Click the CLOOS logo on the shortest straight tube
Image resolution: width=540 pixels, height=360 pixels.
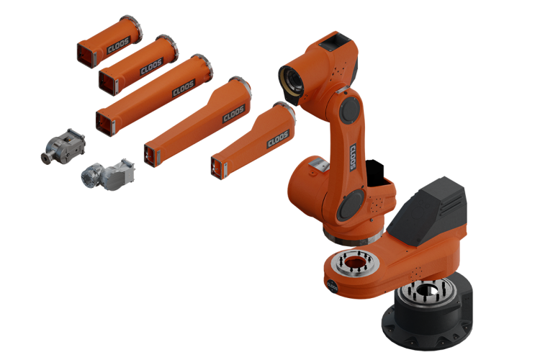pos(118,45)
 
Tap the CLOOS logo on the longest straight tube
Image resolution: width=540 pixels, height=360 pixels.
pos(184,88)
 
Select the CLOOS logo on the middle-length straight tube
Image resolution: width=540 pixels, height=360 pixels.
pos(151,66)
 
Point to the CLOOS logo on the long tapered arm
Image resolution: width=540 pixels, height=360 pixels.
pos(234,113)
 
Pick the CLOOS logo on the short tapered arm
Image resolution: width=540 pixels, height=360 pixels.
pos(278,138)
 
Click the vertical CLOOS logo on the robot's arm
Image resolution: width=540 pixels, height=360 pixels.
pos(353,157)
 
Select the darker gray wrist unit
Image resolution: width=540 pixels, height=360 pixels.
pos(63,146)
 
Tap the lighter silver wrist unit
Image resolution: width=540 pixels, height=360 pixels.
pos(108,174)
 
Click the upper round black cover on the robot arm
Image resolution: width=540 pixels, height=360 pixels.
pos(349,110)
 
